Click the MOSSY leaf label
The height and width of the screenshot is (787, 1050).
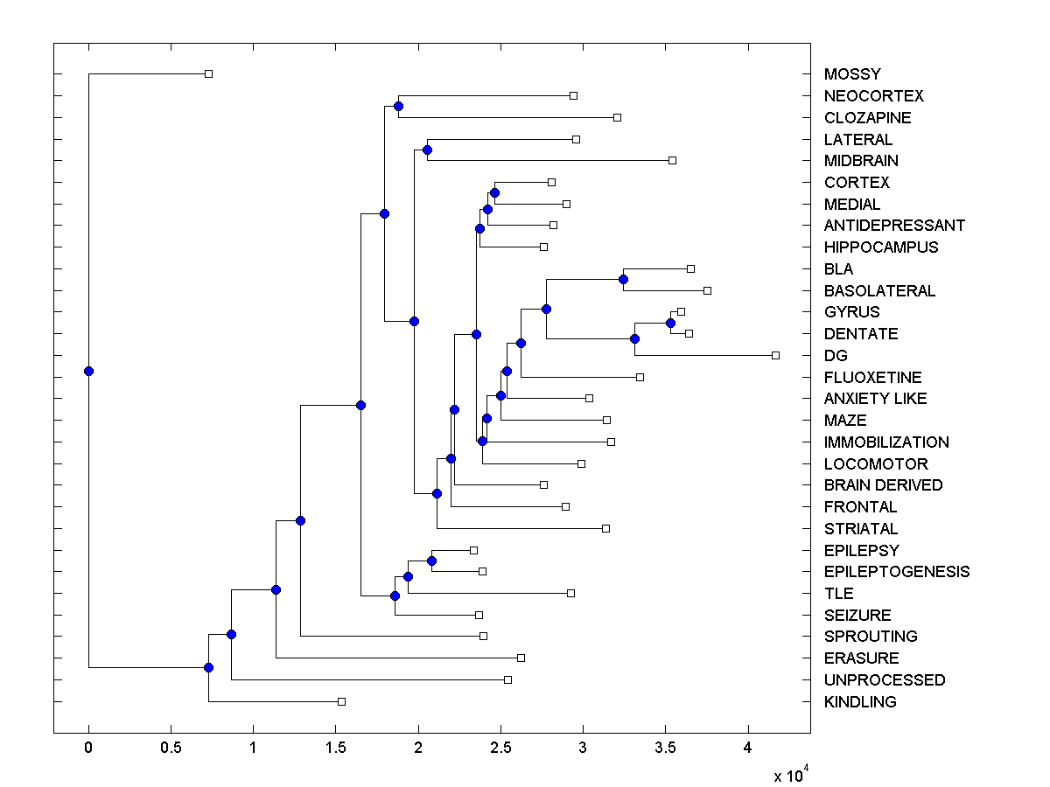852,74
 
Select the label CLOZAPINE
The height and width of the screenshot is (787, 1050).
867,118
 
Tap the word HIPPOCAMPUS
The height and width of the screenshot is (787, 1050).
880,247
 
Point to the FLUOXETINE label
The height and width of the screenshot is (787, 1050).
872,378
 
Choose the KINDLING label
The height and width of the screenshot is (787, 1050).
860,702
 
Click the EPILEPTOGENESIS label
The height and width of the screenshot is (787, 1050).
896,572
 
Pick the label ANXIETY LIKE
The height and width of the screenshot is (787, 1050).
875,399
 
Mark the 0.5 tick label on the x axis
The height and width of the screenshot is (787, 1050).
171,748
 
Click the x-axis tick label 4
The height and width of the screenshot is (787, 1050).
748,748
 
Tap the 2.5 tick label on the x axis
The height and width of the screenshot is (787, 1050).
500,748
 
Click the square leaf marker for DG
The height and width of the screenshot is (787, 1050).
775,355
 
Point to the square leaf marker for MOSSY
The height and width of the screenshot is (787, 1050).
208,74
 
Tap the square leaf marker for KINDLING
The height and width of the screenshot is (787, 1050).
341,701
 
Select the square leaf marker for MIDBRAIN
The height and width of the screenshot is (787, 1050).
672,160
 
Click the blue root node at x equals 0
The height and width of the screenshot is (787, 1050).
88,371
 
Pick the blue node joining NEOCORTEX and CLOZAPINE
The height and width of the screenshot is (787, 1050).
398,107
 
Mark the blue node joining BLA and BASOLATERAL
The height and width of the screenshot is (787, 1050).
623,279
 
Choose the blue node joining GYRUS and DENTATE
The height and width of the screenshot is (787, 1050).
670,323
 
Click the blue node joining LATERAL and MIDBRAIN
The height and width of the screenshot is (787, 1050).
427,150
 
